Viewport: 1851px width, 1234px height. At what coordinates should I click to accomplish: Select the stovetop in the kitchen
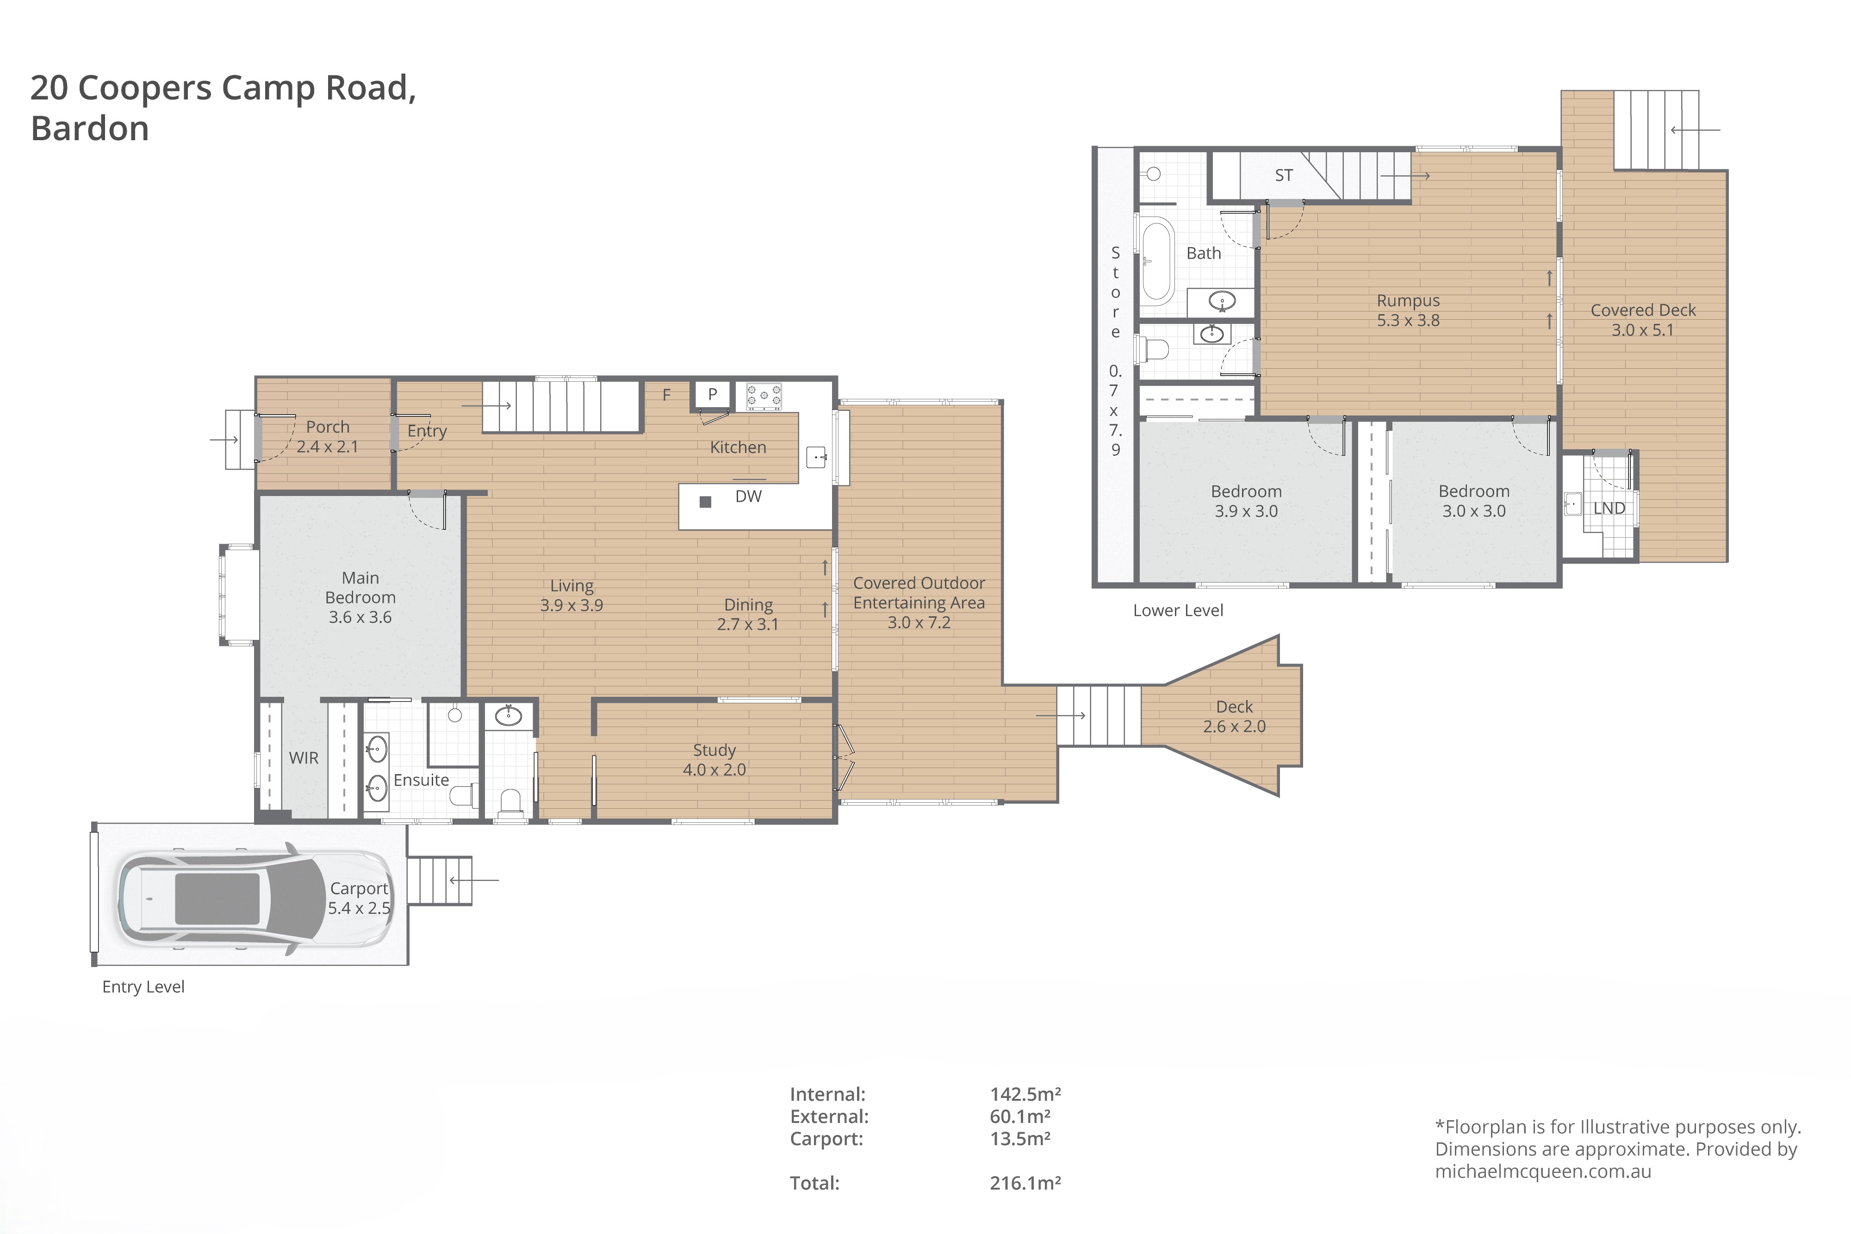pyautogui.click(x=764, y=397)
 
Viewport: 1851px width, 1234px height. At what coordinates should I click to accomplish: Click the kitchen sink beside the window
pyautogui.click(x=817, y=457)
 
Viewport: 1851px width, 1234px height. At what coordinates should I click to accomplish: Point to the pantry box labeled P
pyautogui.click(x=712, y=394)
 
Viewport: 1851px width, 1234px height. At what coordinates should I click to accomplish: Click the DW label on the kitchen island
pyautogui.click(x=748, y=496)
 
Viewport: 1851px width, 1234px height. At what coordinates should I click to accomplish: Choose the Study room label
pyautogui.click(x=714, y=750)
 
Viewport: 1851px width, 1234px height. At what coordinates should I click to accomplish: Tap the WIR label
pyautogui.click(x=304, y=758)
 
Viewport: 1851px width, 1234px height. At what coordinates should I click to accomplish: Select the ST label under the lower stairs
pyautogui.click(x=1284, y=175)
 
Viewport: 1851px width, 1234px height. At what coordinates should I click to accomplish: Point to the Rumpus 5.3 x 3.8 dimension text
pyautogui.click(x=1408, y=320)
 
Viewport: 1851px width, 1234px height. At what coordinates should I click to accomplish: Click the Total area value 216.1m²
pyautogui.click(x=1025, y=1182)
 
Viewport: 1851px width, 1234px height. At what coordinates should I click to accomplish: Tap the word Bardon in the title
pyautogui.click(x=90, y=128)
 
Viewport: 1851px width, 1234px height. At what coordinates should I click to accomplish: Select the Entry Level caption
pyautogui.click(x=143, y=987)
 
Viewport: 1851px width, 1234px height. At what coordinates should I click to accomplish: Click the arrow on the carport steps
pyautogui.click(x=475, y=880)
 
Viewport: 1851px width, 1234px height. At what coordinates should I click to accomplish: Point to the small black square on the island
pyautogui.click(x=705, y=502)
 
